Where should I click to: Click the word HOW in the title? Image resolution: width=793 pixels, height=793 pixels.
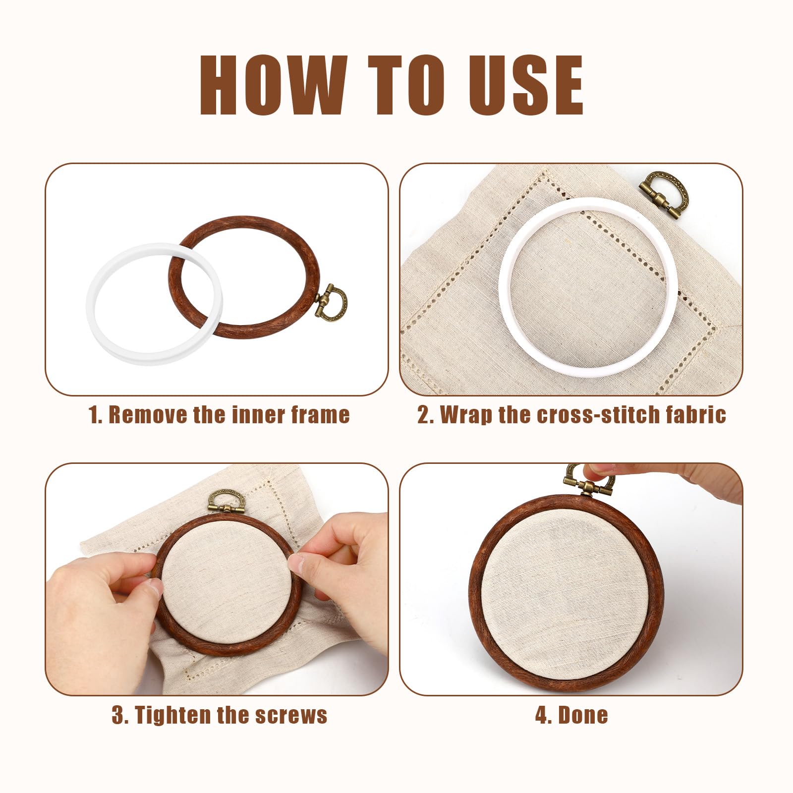pos(273,85)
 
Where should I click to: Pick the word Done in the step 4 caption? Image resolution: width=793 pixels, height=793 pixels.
pos(583,715)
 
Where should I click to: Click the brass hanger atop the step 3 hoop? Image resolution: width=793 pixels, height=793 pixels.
pos(226,501)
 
